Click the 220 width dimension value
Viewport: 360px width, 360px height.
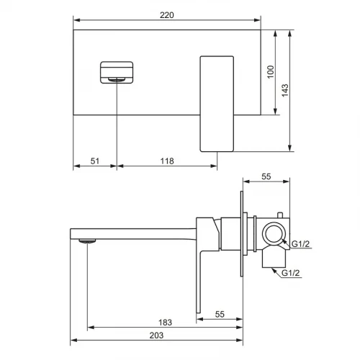coord(167,15)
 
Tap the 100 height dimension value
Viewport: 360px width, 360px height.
coord(271,72)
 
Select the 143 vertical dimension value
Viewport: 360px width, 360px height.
coord(285,91)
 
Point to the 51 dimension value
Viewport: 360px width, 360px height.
coord(95,161)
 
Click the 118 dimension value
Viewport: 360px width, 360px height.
coord(167,161)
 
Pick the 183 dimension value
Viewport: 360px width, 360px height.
coord(165,323)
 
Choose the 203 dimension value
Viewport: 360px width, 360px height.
coord(156,336)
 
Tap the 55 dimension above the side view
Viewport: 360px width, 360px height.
coord(266,176)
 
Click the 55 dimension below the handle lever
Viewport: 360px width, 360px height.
coord(220,314)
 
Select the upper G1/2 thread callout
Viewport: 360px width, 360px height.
coord(300,244)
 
